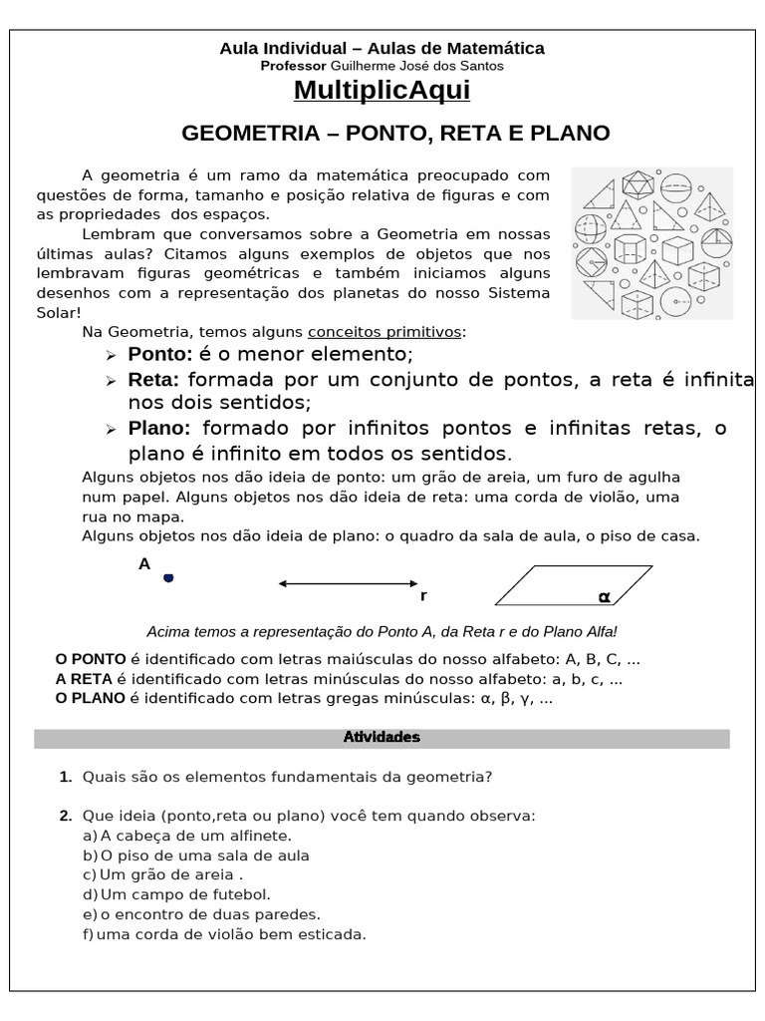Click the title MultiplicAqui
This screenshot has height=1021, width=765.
click(x=382, y=91)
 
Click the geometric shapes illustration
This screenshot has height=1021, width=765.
click(x=651, y=242)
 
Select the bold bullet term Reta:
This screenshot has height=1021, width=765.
click(x=153, y=380)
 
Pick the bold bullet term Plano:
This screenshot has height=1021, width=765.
click(x=159, y=429)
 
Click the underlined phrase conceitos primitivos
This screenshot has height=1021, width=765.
click(x=385, y=331)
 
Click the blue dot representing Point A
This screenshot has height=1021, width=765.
click(x=168, y=578)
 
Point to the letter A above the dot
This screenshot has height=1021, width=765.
click(x=144, y=563)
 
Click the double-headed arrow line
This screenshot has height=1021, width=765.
click(x=349, y=583)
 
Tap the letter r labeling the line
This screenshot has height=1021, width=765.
click(x=423, y=596)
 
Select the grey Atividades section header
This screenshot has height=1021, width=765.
click(x=382, y=738)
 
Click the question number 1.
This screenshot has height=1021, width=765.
click(x=66, y=777)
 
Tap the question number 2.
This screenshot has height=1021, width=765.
click(x=66, y=816)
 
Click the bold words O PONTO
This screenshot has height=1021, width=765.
click(x=91, y=659)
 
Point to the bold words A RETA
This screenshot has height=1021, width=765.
click(x=85, y=679)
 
